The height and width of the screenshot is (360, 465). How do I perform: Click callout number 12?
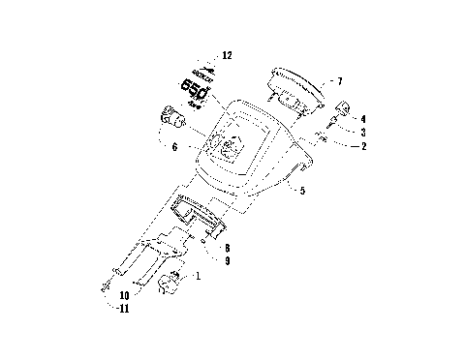click(x=227, y=57)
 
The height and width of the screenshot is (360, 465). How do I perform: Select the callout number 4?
click(x=363, y=119)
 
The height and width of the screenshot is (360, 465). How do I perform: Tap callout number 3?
click(x=363, y=133)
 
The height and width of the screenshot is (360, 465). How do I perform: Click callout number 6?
click(x=173, y=147)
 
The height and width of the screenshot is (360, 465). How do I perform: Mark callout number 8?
click(x=227, y=248)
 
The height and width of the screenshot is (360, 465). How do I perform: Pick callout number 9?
click(x=227, y=260)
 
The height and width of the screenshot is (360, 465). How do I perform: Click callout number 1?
click(x=199, y=277)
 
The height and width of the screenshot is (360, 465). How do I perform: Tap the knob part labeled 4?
click(x=341, y=107)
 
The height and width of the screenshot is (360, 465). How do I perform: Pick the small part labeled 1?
click(x=172, y=283)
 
